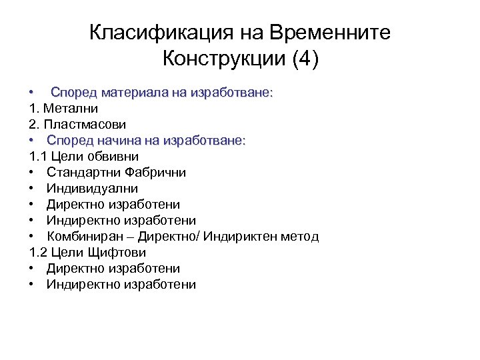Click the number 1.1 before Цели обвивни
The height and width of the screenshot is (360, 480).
[x=37, y=157]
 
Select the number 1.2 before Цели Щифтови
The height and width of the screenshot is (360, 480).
[x=38, y=253]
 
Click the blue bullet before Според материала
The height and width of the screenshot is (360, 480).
[x=32, y=93]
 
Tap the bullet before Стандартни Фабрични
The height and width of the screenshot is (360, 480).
[x=32, y=173]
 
